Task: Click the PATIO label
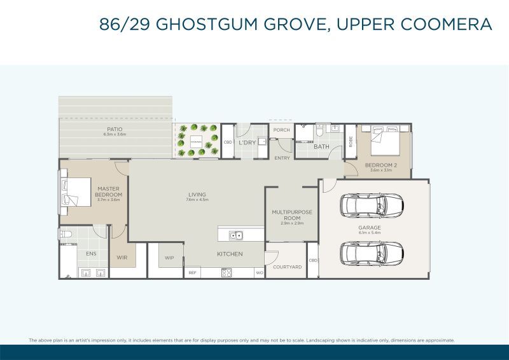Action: coord(115,129)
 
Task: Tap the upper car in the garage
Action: coord(372,205)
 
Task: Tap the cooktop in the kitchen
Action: coord(226,273)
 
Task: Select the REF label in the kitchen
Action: coord(192,273)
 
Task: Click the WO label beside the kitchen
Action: coord(259,273)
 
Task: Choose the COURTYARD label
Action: coord(286,267)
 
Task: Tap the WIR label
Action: coord(122,258)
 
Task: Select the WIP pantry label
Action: coord(169,258)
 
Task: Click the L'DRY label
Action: coord(247,143)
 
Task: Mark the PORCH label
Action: coord(281,130)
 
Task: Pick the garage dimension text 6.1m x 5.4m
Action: coord(369,233)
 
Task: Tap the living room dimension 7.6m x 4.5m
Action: coord(197,200)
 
